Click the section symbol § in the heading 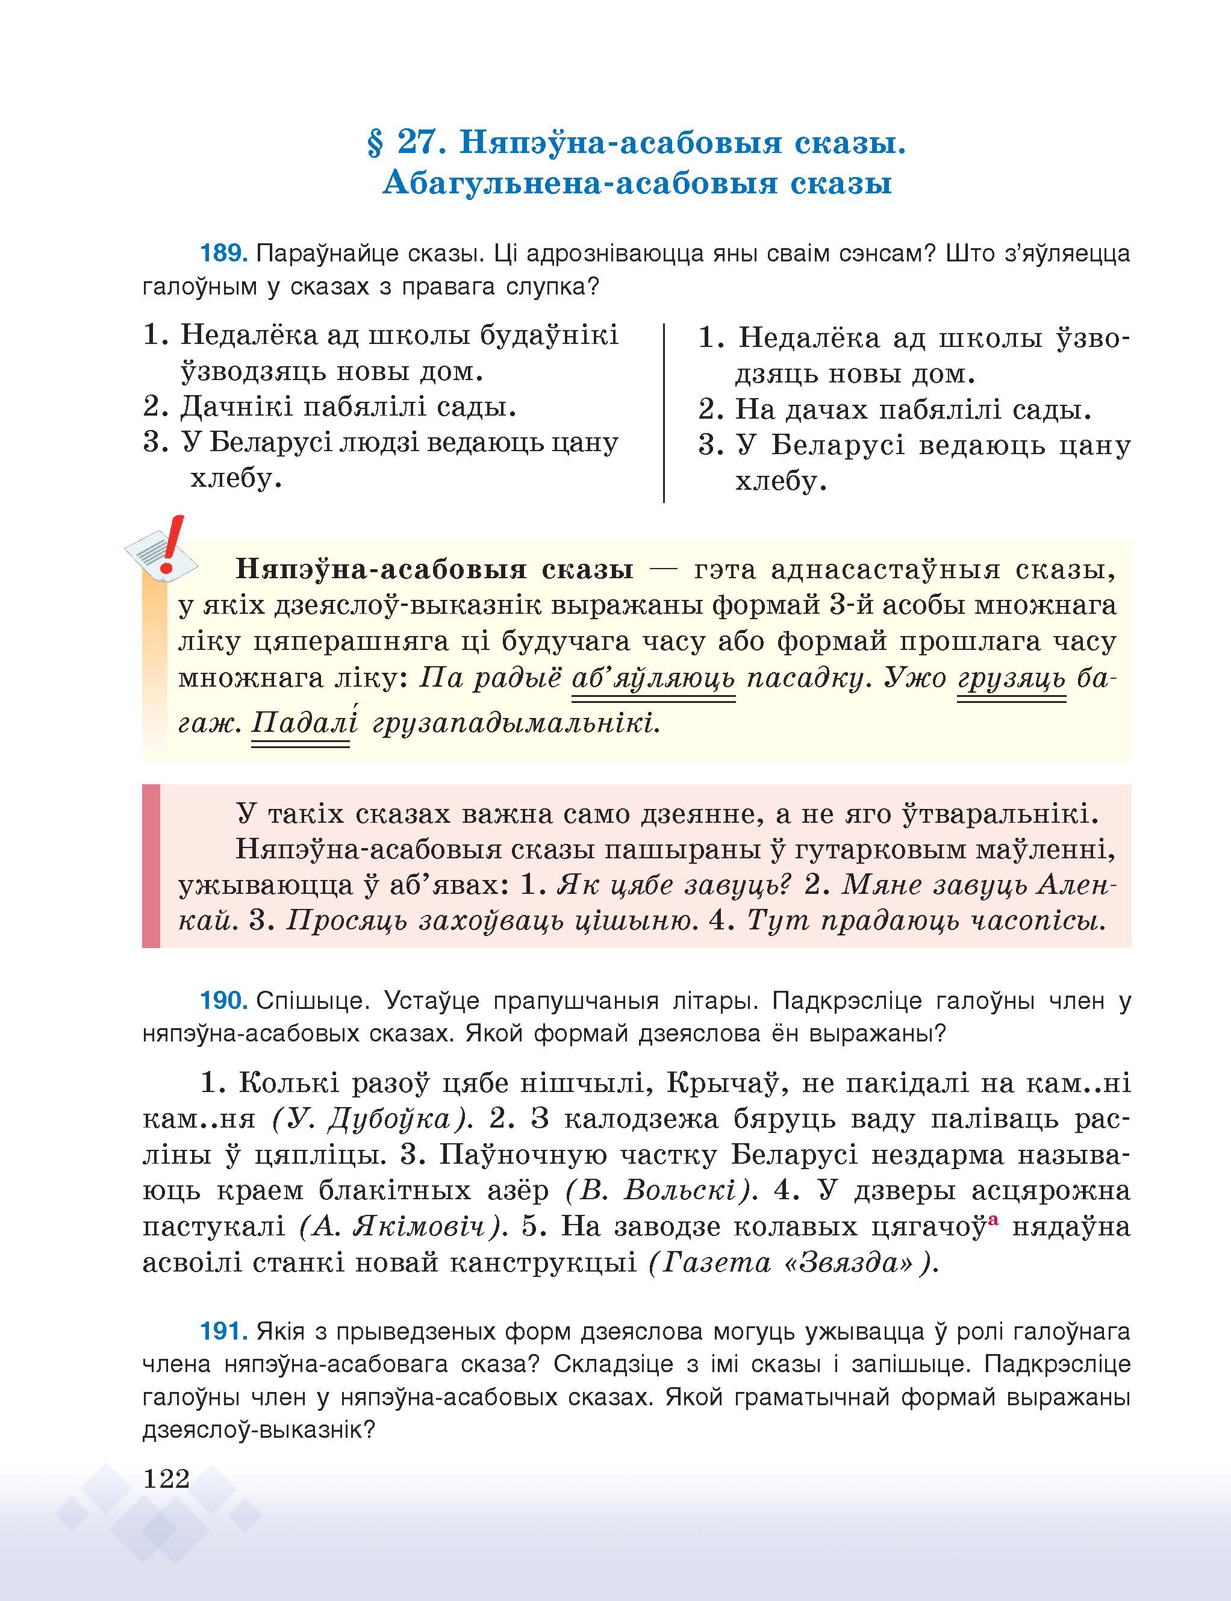(375, 143)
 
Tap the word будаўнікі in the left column (548, 335)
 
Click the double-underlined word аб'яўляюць (653, 678)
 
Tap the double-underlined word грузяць (1011, 678)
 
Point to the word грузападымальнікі (516, 723)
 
